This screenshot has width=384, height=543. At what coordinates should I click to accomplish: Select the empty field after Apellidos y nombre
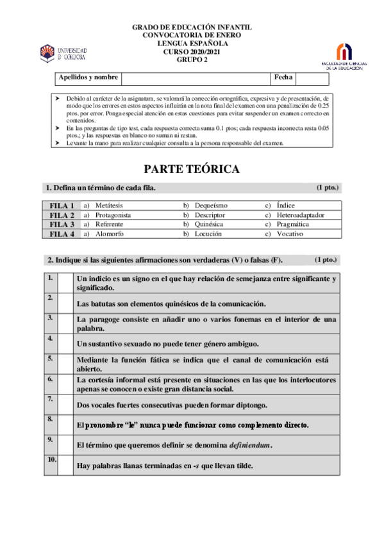coord(195,78)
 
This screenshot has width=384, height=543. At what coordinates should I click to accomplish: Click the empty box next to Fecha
coord(312,78)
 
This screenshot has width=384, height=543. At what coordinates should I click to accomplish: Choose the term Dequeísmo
coord(211,206)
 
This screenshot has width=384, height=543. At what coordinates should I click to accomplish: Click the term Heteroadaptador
coord(301,215)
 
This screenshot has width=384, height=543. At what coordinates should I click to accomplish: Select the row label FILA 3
coord(62,225)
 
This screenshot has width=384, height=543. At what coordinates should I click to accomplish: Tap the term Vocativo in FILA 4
coord(290,234)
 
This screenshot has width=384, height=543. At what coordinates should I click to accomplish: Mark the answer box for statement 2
coord(65,303)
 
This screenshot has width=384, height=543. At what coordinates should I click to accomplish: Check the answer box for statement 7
coord(65,404)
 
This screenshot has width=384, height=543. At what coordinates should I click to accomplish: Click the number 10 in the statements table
coord(51,460)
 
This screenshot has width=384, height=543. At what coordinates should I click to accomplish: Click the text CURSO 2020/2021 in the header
coord(192,51)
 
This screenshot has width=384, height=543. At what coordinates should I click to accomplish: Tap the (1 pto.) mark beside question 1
coord(327,188)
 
